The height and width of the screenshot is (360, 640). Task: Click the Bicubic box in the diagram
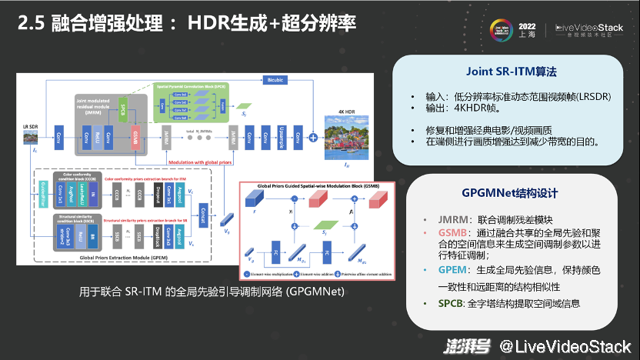coord(275,79)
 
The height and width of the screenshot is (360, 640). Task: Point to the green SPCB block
coord(123,108)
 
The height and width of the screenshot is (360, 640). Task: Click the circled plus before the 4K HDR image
coord(314,138)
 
